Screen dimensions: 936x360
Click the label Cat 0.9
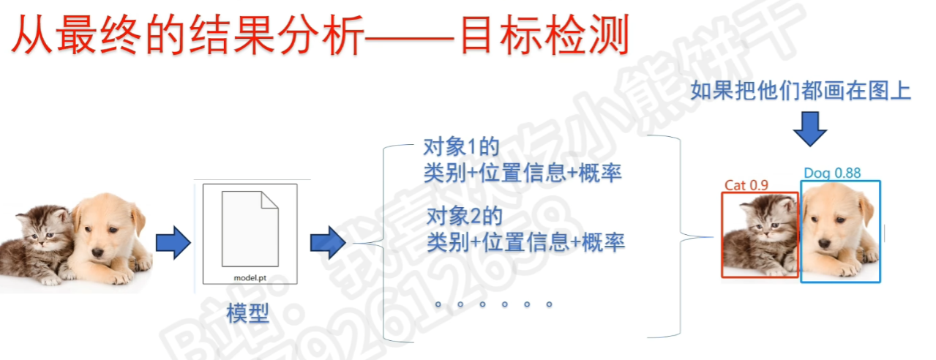[746, 185]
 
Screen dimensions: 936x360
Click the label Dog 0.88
[832, 173]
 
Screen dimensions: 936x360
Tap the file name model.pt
[250, 277]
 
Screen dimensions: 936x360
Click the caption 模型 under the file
[248, 314]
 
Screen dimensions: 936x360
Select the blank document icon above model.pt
[250, 228]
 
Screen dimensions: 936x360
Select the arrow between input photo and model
[173, 242]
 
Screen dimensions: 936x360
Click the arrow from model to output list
[327, 242]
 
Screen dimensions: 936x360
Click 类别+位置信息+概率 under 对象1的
[523, 173]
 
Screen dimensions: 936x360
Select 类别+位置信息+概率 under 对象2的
[525, 241]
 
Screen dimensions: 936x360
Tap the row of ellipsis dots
[494, 304]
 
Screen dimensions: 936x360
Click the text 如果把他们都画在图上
[801, 92]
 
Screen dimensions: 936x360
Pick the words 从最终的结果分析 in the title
[187, 36]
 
